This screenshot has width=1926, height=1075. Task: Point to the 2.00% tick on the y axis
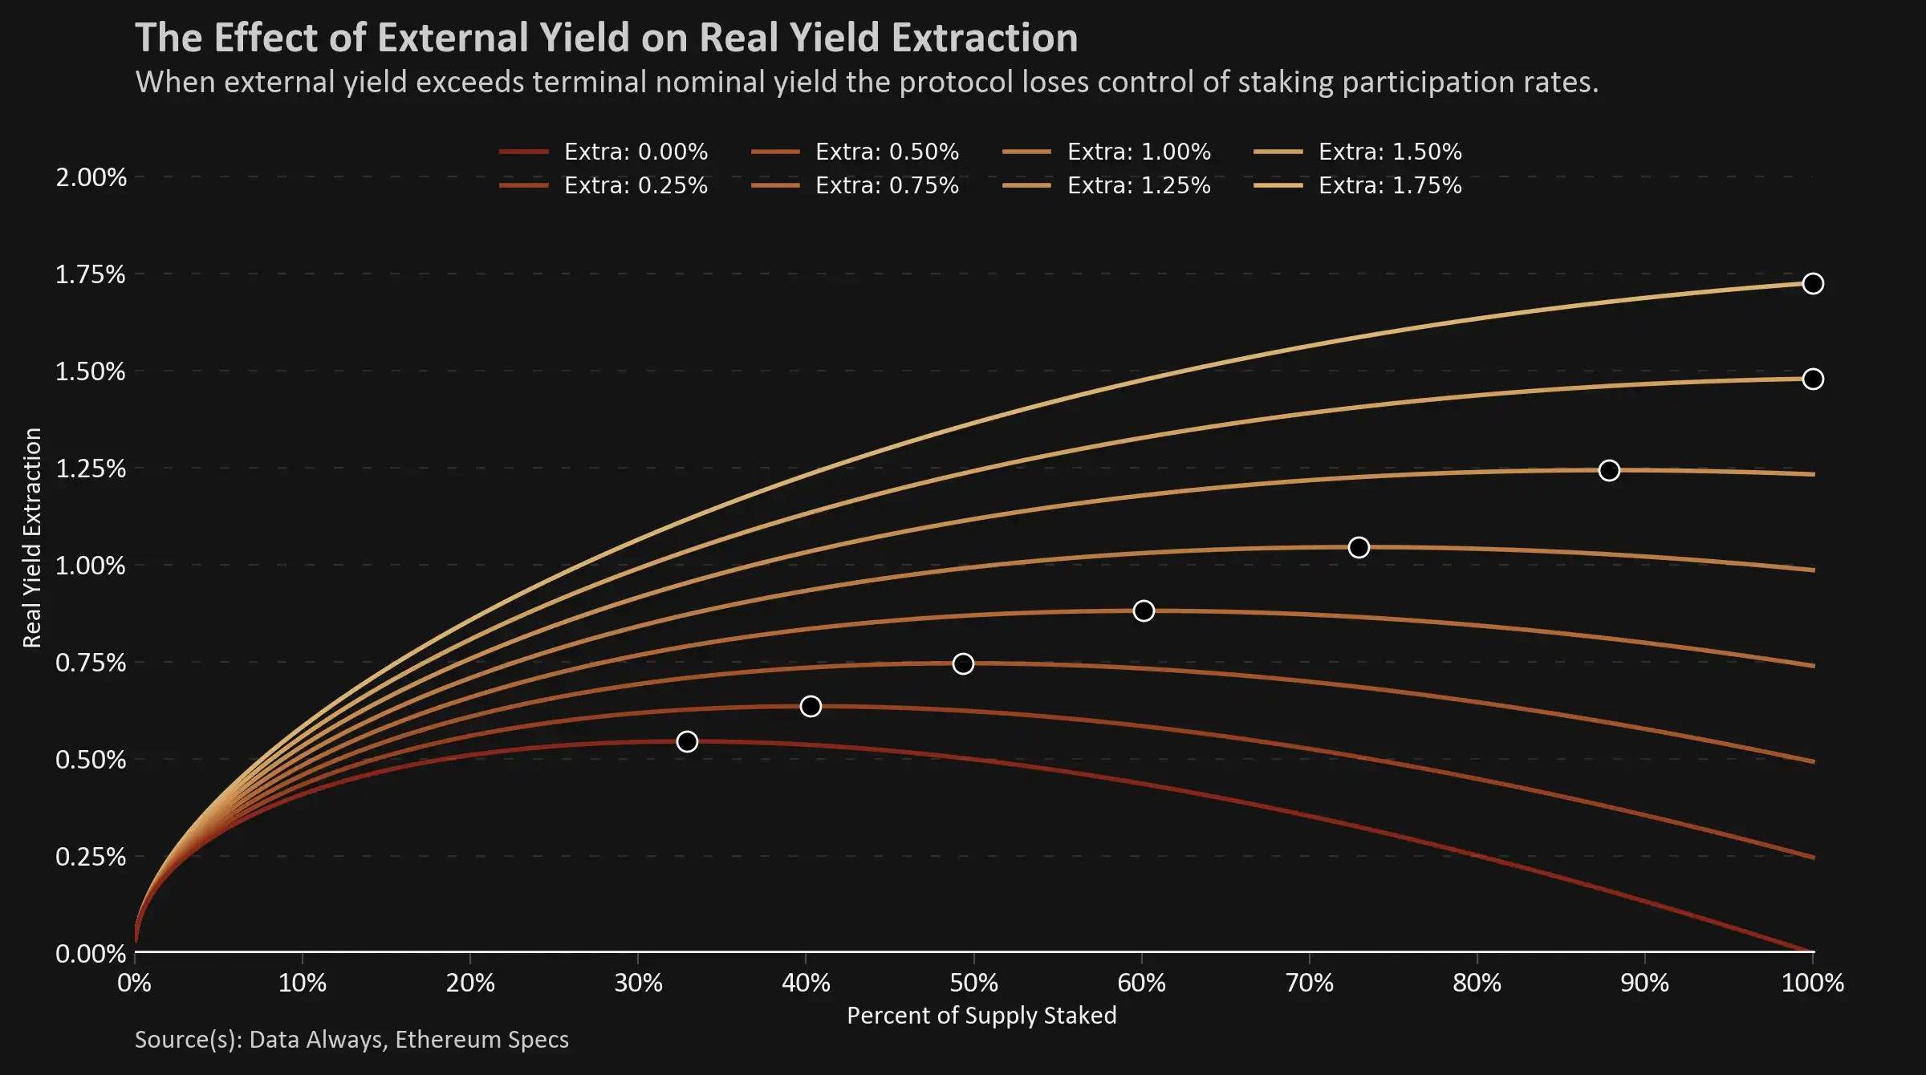91,176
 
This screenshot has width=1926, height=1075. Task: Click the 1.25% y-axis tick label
91,469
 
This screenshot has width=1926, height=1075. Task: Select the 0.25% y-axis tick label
91,857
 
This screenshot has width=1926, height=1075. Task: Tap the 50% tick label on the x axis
973,983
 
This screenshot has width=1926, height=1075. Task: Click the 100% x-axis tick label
1812,983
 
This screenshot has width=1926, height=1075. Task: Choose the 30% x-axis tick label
638,983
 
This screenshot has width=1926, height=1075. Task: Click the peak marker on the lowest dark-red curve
687,741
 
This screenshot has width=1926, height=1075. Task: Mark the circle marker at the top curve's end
1813,284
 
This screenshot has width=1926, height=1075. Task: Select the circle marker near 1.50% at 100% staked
1813,379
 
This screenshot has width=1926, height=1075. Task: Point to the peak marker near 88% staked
1609,471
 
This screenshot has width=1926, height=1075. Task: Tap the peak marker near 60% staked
1144,611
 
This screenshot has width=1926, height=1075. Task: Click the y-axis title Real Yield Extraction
32,537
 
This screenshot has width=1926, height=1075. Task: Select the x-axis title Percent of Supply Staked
981,1016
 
